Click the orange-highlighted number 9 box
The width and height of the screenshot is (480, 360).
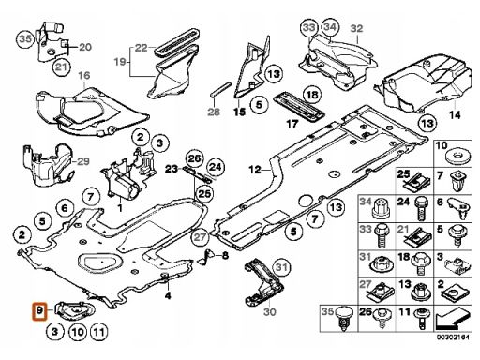[x=39, y=311]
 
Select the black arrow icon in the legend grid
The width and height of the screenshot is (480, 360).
[x=453, y=318]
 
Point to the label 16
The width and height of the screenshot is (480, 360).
[x=83, y=76]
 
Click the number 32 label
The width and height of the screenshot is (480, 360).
[x=356, y=28]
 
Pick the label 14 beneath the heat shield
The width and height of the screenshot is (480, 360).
[x=455, y=115]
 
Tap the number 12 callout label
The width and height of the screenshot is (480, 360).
[x=255, y=170]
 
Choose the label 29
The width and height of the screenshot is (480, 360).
[x=83, y=161]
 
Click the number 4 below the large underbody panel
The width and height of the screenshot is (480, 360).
[x=168, y=295]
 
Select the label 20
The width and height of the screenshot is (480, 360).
[x=85, y=47]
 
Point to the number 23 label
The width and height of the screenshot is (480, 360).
[x=172, y=169]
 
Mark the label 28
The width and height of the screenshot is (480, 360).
[x=214, y=112]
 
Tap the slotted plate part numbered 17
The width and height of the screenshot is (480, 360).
[x=299, y=107]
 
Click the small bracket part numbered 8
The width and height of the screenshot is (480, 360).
[x=206, y=257]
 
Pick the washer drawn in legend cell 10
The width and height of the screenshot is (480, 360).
[x=457, y=157]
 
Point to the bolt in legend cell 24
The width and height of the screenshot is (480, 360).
[x=421, y=208]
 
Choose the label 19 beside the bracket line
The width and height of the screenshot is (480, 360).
[x=120, y=62]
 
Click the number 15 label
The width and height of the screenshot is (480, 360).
[x=240, y=112]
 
